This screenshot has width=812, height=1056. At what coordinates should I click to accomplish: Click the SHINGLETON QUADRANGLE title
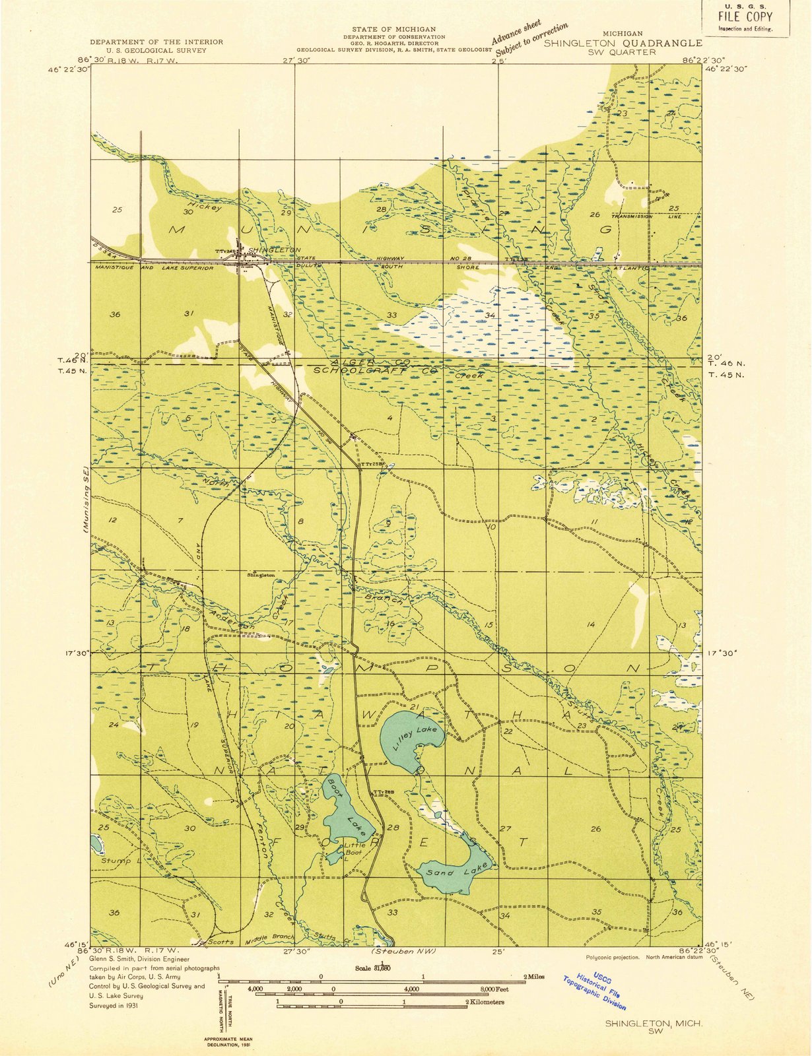(623, 43)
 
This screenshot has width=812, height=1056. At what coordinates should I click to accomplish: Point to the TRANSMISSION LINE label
(645, 216)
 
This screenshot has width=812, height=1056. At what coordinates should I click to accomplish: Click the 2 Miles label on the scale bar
(534, 977)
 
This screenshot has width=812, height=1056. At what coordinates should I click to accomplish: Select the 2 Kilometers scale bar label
(486, 1002)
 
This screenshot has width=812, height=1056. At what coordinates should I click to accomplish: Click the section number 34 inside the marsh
(490, 315)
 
